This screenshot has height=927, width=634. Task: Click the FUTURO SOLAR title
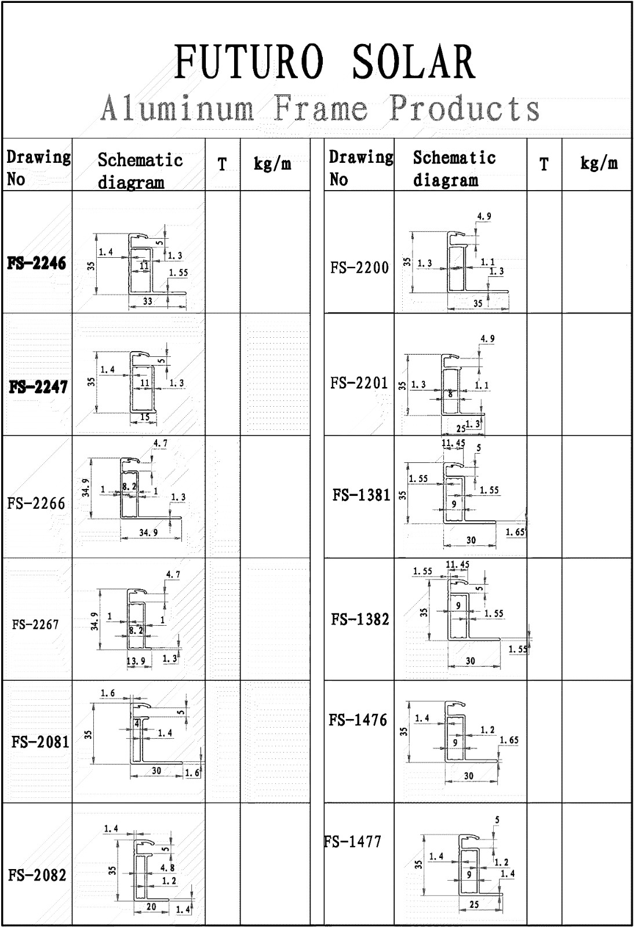point(325,62)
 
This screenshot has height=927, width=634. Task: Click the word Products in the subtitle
point(464,108)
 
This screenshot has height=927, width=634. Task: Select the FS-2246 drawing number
point(37,264)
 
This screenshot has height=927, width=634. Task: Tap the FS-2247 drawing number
point(38,387)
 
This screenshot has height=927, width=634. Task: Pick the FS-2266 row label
point(37,503)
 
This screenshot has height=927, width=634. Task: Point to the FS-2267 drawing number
point(35,625)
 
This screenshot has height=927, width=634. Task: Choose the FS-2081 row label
point(40,742)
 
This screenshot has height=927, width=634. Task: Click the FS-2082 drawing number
point(37,875)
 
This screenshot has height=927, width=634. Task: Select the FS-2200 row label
point(360,268)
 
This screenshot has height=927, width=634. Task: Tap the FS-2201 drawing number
point(359,383)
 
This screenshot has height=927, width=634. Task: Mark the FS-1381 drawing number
point(362,495)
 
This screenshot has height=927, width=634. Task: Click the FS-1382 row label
point(360,619)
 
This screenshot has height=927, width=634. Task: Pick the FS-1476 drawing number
point(358,720)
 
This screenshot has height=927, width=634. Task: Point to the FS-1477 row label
point(354,841)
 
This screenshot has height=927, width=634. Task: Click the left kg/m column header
point(272,164)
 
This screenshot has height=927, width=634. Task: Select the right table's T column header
point(544,165)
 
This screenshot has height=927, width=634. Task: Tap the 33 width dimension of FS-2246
point(148,301)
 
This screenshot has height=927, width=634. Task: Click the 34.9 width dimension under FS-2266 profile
point(148,532)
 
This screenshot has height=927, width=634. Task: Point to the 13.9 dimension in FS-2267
point(136,661)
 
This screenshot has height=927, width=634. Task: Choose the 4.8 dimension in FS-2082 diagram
point(167,868)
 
